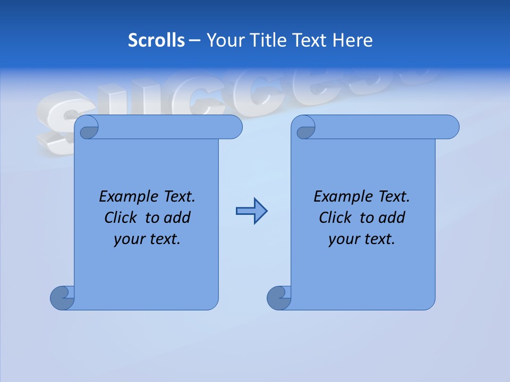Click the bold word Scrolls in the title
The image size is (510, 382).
(157, 40)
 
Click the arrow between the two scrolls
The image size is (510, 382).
(251, 211)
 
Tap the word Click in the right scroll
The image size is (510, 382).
(335, 218)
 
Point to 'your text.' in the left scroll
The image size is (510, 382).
(147, 239)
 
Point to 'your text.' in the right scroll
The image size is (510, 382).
(362, 239)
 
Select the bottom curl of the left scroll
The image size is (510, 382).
(62, 298)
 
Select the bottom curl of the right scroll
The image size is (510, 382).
(279, 298)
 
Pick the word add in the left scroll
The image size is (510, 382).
(177, 218)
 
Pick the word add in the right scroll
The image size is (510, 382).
(392, 218)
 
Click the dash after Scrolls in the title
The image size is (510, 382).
(194, 40)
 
